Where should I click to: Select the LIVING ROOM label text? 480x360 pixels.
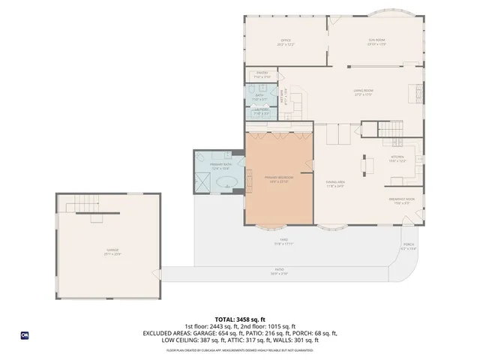[364, 91]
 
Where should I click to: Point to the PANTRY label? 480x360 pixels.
[262, 73]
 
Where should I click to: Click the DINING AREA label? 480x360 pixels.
[334, 182]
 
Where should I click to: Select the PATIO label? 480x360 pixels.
[279, 269]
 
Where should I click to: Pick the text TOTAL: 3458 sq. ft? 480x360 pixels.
[240, 319]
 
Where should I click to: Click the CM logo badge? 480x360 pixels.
[25, 335]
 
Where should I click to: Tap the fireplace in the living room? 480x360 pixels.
[412, 93]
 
